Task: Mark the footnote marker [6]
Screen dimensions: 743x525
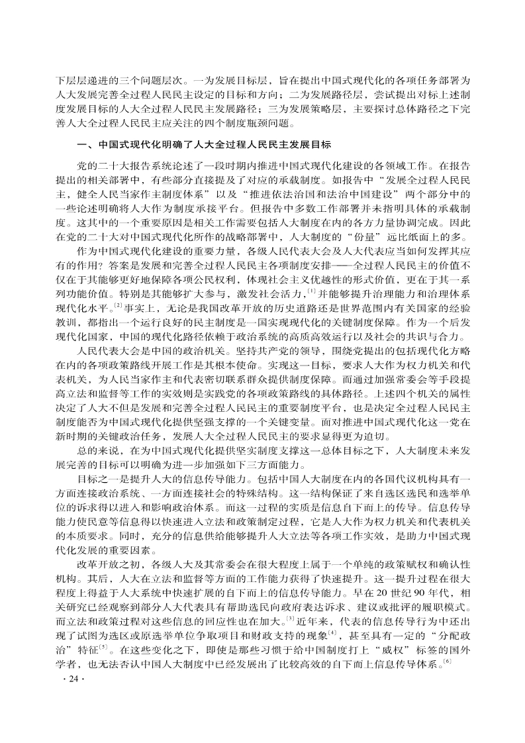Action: (x=448, y=696)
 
